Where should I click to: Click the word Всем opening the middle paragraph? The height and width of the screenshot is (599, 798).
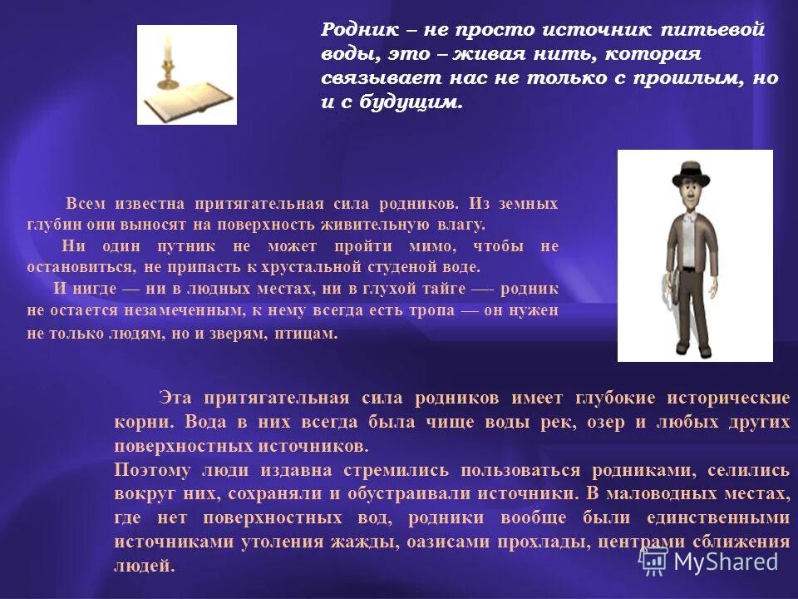coord(86,204)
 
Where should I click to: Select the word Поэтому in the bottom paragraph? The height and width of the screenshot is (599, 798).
coord(153,469)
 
